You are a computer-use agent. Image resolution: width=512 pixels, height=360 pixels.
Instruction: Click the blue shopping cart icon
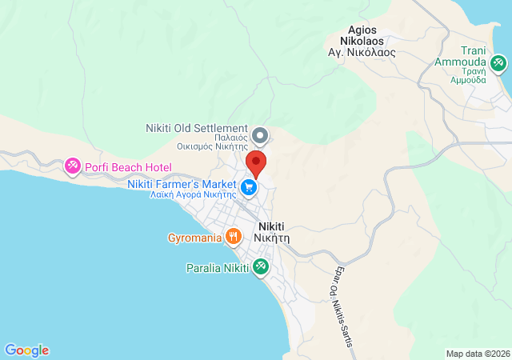(250, 187)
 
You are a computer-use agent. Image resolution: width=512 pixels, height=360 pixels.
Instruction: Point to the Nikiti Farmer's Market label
(182, 184)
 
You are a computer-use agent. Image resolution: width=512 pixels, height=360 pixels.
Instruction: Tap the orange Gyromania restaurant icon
(234, 236)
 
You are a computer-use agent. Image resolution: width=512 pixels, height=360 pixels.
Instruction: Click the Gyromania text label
(194, 238)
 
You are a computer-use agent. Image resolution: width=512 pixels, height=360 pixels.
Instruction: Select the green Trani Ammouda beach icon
(498, 62)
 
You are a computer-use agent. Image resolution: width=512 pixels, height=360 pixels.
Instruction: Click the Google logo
(26, 350)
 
